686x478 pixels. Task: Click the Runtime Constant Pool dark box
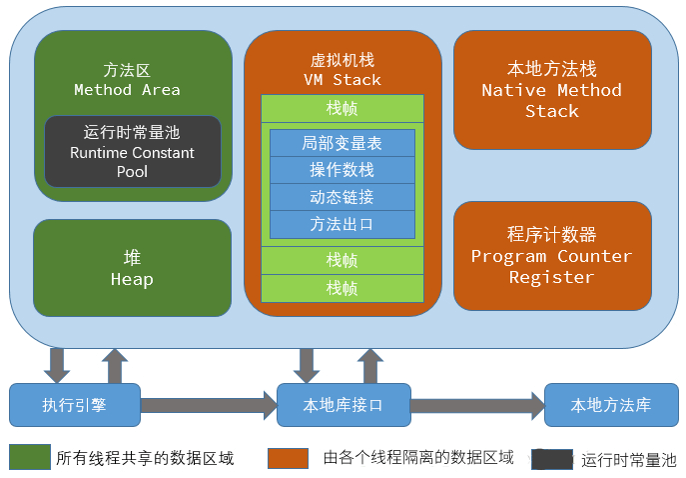click(x=133, y=152)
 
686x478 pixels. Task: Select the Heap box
click(x=132, y=268)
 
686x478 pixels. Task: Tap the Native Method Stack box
click(x=551, y=89)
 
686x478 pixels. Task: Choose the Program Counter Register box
click(x=551, y=255)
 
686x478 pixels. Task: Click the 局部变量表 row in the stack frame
click(x=342, y=143)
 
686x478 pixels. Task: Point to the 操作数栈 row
click(x=342, y=170)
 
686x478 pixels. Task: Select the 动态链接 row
click(x=342, y=197)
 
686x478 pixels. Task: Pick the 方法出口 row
click(x=342, y=224)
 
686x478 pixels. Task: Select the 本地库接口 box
click(x=343, y=405)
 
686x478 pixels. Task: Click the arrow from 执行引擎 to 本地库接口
click(x=208, y=405)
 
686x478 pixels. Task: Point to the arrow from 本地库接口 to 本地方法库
click(x=476, y=405)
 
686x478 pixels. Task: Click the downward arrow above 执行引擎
click(x=57, y=365)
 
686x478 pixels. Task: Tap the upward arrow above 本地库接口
click(x=371, y=365)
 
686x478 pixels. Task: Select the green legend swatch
click(x=29, y=457)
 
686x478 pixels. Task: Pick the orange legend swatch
click(x=289, y=457)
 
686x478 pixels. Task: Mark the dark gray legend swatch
click(x=552, y=459)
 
